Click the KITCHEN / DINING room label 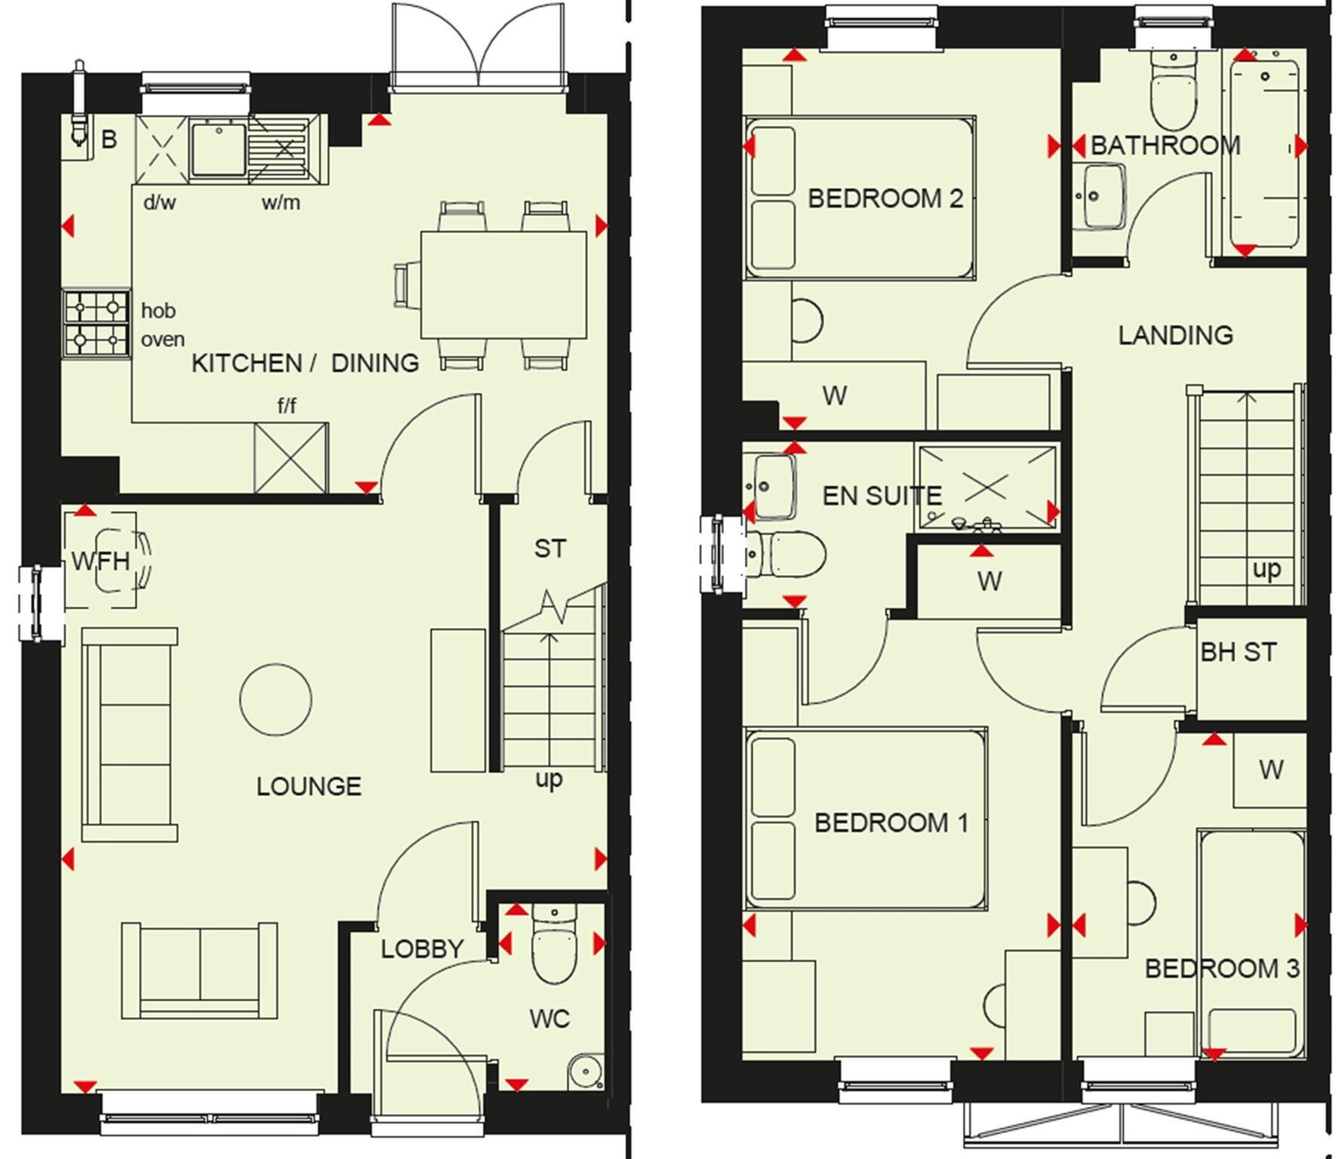305,363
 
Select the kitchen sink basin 218,149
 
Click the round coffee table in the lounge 275,699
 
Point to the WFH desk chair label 100,561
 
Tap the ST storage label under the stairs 549,549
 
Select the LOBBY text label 421,948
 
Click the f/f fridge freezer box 291,458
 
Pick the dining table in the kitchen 503,284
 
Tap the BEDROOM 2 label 885,198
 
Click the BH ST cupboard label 1239,652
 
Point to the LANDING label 1175,335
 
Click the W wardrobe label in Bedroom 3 1271,770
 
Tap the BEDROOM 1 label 891,822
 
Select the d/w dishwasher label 159,202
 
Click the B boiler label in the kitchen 109,140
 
